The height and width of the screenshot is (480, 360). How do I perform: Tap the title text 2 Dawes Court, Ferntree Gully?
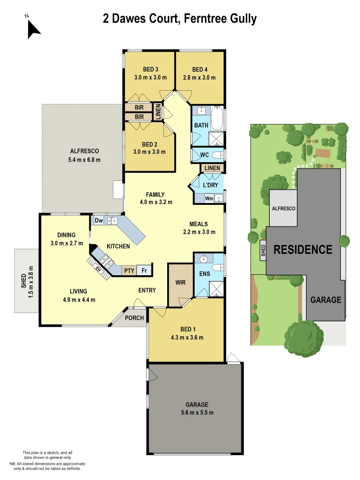180,19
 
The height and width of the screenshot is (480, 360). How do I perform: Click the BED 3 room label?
150,73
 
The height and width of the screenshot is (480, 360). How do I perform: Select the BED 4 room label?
200,73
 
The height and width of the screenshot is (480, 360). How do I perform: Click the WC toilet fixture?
217,155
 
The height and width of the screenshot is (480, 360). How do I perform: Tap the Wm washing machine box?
209,199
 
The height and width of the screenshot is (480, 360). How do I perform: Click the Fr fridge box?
144,270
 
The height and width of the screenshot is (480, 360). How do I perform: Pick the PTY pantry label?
129,270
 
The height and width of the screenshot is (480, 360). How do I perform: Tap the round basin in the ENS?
204,259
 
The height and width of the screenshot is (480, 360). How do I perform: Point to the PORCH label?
134,318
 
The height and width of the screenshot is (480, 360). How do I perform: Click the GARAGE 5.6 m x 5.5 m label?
196,408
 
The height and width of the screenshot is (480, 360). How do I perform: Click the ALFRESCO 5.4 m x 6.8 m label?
84,155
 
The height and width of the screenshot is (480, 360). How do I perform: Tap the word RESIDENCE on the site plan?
303,249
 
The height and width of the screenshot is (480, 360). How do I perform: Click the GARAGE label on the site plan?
326,300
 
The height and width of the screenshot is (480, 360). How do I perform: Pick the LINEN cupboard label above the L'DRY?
212,168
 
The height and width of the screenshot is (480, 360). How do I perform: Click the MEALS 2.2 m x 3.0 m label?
199,228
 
